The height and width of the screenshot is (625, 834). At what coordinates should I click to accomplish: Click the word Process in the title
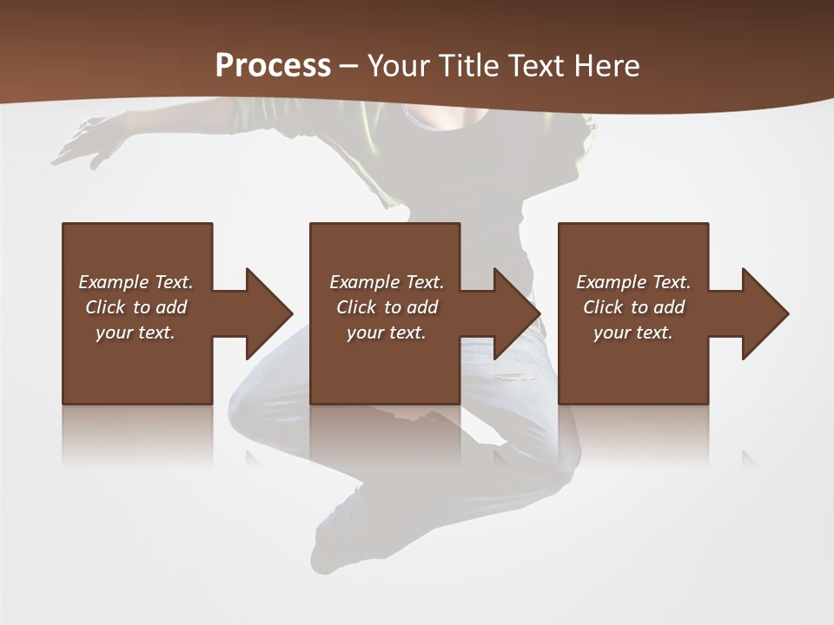point(273,66)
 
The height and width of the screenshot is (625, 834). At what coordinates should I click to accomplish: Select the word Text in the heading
point(535,66)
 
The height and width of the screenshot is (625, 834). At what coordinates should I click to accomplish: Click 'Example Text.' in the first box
point(136,282)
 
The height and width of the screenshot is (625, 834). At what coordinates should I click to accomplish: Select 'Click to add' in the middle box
point(387,307)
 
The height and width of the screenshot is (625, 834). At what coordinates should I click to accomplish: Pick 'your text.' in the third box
point(632,332)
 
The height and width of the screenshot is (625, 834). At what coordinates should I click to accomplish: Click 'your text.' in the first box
point(136,332)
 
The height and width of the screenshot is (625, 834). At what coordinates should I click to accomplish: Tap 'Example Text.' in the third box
point(633,282)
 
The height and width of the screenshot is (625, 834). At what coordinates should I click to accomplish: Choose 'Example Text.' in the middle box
point(387,282)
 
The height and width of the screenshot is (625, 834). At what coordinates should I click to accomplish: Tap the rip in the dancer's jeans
point(514,377)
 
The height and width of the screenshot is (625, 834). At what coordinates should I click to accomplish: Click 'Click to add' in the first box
point(136,307)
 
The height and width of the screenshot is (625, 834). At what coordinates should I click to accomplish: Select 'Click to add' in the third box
point(633,307)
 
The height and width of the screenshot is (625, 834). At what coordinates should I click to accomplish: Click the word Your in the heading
point(398,66)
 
